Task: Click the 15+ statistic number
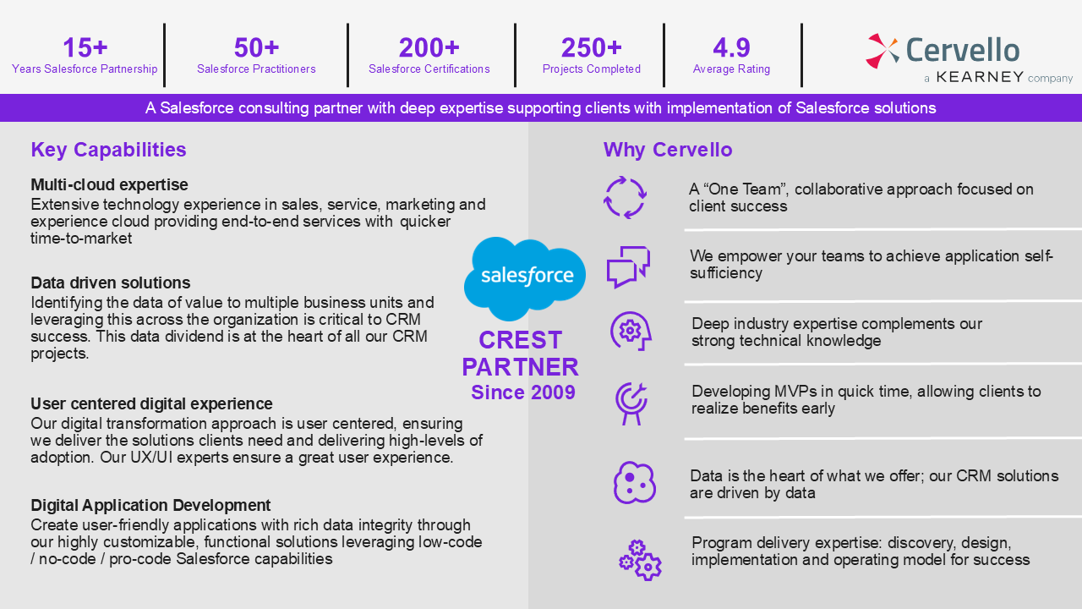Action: click(x=85, y=47)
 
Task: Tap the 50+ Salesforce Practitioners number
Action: click(x=256, y=47)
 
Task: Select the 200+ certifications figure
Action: click(x=429, y=47)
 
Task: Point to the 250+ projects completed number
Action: click(x=591, y=47)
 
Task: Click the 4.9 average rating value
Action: click(x=731, y=47)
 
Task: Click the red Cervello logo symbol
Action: click(x=882, y=50)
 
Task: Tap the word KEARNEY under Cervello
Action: click(x=980, y=77)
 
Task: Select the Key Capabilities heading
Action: click(x=109, y=150)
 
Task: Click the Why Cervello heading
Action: click(x=668, y=150)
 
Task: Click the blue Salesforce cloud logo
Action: click(x=525, y=279)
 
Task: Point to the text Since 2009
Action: click(x=523, y=392)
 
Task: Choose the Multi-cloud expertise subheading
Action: click(x=109, y=184)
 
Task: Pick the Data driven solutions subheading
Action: click(x=111, y=283)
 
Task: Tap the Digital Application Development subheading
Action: click(x=150, y=505)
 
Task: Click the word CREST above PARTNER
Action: click(x=521, y=340)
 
